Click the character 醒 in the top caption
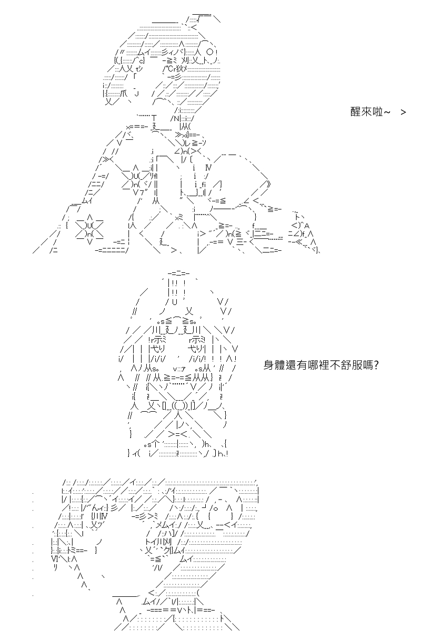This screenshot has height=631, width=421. [355, 112]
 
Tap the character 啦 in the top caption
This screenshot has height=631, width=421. [377, 112]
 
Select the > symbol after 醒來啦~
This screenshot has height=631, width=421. [403, 112]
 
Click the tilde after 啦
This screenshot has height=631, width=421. [387, 112]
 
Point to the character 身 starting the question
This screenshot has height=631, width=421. [269, 365]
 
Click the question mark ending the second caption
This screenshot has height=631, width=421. [376, 365]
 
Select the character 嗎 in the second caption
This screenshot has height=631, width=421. [367, 365]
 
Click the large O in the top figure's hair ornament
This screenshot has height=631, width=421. [209, 52]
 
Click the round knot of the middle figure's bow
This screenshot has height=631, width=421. [179, 406]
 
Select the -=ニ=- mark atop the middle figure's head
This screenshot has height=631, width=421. [178, 273]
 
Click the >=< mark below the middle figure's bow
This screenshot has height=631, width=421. [178, 434]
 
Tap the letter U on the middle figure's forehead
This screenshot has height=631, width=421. [174, 302]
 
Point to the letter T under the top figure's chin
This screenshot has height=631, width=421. [154, 117]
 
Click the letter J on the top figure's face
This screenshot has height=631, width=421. [137, 93]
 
